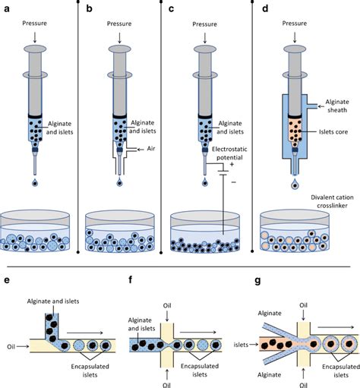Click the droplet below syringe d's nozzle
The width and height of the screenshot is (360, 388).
(x=294, y=184)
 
